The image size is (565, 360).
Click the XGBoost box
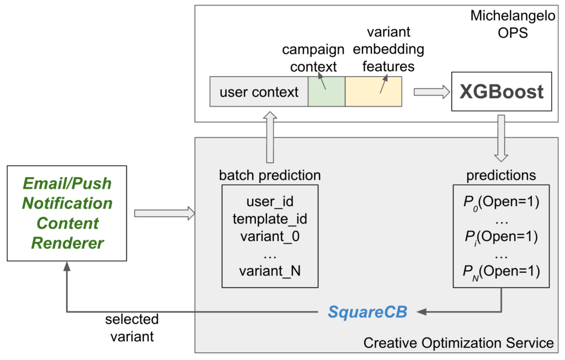pyautogui.click(x=502, y=92)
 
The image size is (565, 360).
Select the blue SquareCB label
pyautogui.click(x=367, y=311)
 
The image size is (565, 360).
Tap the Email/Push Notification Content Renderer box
pyautogui.click(x=67, y=213)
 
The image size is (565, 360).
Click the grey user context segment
pyautogui.click(x=259, y=92)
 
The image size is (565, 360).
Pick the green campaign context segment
pyautogui.click(x=326, y=92)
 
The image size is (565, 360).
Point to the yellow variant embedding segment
pyautogui.click(x=373, y=92)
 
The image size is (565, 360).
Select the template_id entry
pyautogui.click(x=270, y=219)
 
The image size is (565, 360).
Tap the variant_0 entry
pyautogui.click(x=270, y=237)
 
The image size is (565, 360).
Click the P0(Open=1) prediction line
pyautogui.click(x=501, y=202)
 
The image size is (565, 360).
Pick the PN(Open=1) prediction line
pyautogui.click(x=501, y=271)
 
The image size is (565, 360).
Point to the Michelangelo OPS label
pyautogui.click(x=511, y=24)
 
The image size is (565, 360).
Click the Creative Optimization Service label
pyautogui.click(x=458, y=343)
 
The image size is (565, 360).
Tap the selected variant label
pyautogui.click(x=132, y=327)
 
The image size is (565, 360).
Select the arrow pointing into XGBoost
pyautogui.click(x=431, y=92)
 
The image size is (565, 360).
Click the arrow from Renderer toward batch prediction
pyautogui.click(x=164, y=213)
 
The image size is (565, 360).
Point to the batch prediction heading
pyautogui.click(x=270, y=175)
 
